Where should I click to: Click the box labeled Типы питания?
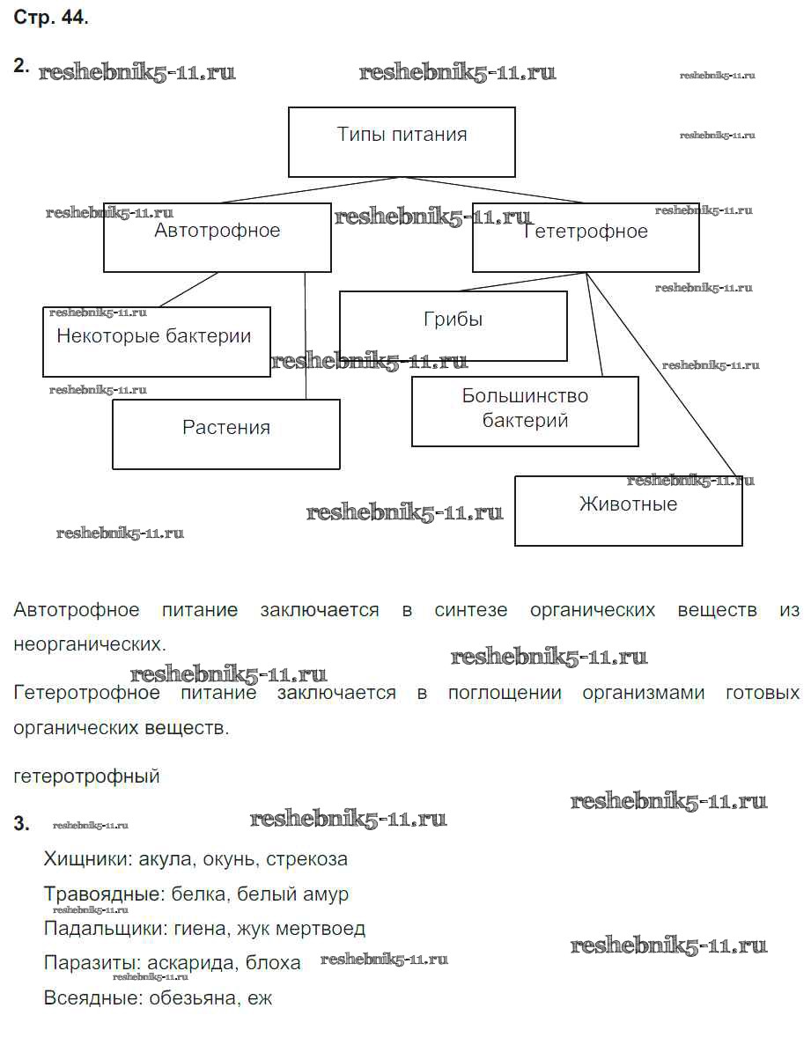pyautogui.click(x=402, y=142)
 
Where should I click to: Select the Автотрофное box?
pyautogui.click(x=217, y=238)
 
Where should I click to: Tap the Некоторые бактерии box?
pyautogui.click(x=156, y=341)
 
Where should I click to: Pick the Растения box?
pyautogui.click(x=225, y=433)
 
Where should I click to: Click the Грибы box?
pyautogui.click(x=453, y=326)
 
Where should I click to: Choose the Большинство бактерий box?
pyautogui.click(x=525, y=411)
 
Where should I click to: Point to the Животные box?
pyautogui.click(x=628, y=511)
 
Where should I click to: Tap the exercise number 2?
pyautogui.click(x=21, y=65)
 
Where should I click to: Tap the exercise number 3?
pyautogui.click(x=21, y=825)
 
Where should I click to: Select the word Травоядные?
pyautogui.click(x=104, y=894)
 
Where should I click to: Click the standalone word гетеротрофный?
pyautogui.click(x=87, y=776)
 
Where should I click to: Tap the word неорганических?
pyautogui.click(x=89, y=644)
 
